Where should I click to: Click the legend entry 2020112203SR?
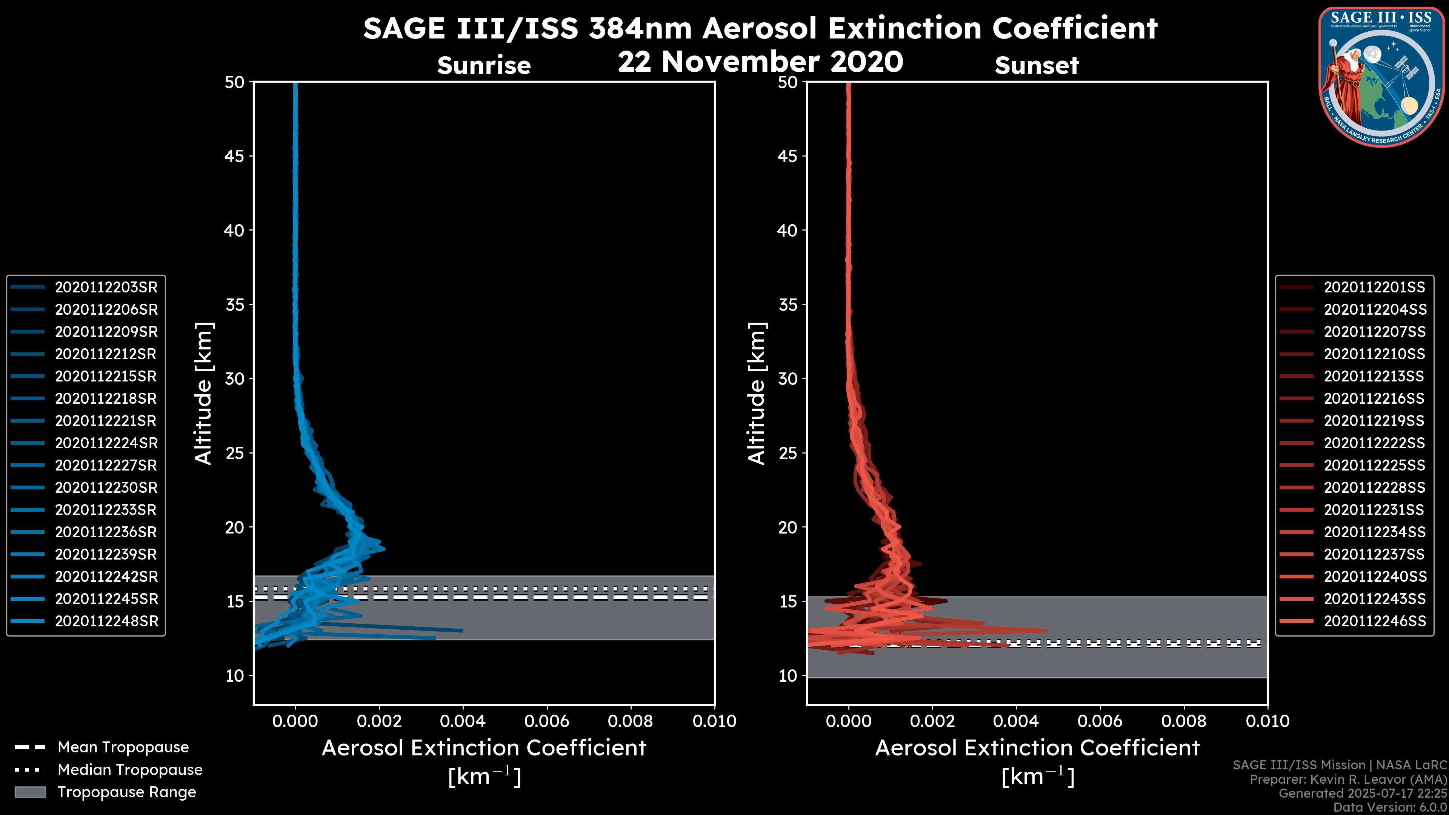coord(106,288)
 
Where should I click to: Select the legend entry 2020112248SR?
coord(106,621)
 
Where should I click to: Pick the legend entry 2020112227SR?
coord(106,466)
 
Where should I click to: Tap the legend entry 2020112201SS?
coord(1374,288)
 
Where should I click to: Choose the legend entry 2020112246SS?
coord(1374,621)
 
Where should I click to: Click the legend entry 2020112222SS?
coord(1374,443)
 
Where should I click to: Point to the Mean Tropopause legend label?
coord(123,747)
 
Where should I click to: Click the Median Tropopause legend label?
coord(129,770)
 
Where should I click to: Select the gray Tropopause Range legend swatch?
coord(30,792)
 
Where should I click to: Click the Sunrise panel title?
coord(484,66)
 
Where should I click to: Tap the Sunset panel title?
coord(1037,66)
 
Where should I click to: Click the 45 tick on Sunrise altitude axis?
coord(235,156)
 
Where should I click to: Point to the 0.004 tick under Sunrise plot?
coord(462,721)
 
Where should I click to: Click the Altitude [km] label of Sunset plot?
coord(757,394)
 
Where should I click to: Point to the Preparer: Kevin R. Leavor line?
coord(1348,780)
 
